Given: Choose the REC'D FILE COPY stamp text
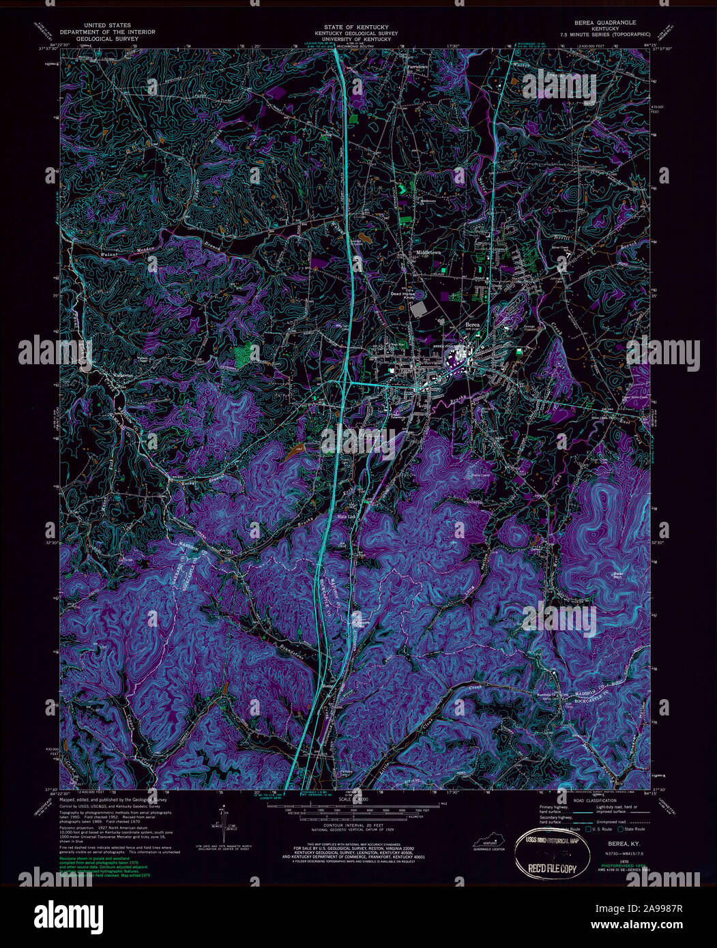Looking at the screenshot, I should pos(549,868).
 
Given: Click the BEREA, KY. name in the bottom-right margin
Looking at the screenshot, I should pos(613,843).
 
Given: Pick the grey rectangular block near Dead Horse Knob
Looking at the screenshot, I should pos(418,308).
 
